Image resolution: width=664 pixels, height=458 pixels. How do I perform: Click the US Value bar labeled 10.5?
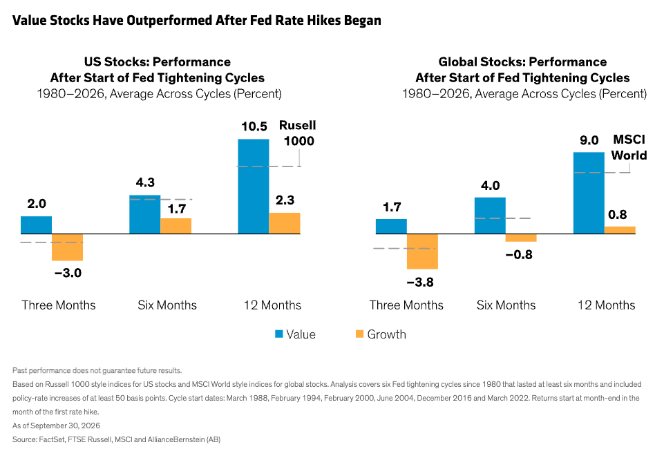(254, 187)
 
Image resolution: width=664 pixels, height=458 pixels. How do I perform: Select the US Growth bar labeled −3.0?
(67, 247)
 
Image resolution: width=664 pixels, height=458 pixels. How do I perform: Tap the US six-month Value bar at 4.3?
(145, 214)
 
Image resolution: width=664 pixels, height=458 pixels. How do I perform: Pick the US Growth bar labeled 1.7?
(176, 226)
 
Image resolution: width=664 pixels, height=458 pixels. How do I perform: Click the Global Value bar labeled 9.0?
(589, 193)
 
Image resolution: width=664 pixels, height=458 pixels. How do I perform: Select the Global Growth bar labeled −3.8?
(422, 251)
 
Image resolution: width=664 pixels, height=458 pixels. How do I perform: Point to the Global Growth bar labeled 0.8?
(620, 230)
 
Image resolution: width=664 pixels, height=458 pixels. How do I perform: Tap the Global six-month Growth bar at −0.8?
(521, 238)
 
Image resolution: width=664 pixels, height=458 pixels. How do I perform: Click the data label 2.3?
(285, 200)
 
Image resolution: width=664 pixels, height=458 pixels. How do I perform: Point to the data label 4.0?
(491, 185)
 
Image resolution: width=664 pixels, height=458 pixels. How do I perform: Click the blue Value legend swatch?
(278, 334)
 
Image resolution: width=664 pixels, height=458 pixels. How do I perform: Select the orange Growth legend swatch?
(359, 334)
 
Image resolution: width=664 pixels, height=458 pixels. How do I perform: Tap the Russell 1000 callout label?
(298, 133)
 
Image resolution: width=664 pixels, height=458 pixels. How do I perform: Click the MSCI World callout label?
(629, 147)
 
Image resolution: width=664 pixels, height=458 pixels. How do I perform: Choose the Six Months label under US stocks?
(167, 305)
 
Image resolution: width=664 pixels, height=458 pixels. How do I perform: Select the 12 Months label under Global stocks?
(607, 305)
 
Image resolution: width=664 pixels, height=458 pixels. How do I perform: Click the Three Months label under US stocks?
(59, 305)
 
